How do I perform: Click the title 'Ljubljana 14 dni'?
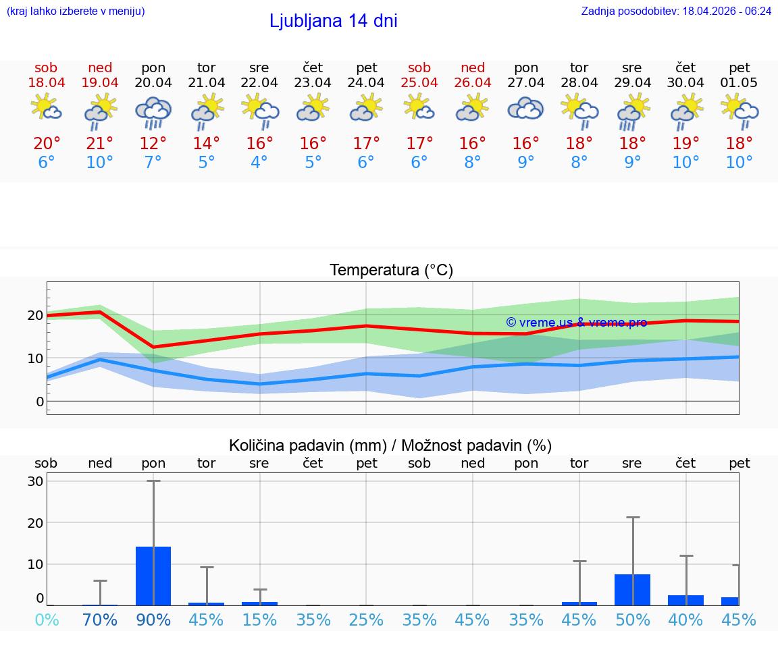tap(333, 21)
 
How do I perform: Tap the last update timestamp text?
tap(676, 11)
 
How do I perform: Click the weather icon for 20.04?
tap(153, 113)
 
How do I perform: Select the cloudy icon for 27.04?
tap(525, 109)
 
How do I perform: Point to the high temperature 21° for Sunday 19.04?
tap(100, 143)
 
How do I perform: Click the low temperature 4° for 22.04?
tap(259, 162)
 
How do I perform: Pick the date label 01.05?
tap(739, 83)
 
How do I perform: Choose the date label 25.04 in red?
tap(419, 83)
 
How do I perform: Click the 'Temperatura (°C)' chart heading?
tap(391, 271)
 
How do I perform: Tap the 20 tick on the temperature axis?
tap(35, 315)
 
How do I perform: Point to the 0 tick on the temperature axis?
tap(39, 402)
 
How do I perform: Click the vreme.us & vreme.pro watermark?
tap(576, 323)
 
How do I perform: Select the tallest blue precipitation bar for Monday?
tap(153, 576)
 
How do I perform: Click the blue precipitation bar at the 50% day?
tap(632, 589)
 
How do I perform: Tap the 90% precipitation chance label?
tap(153, 620)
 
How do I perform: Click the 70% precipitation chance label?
tap(100, 620)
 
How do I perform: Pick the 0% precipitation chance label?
tap(47, 620)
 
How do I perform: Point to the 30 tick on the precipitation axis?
tap(36, 481)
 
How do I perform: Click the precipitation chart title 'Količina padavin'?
tap(307, 445)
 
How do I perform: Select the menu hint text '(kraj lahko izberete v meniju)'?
tap(75, 11)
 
